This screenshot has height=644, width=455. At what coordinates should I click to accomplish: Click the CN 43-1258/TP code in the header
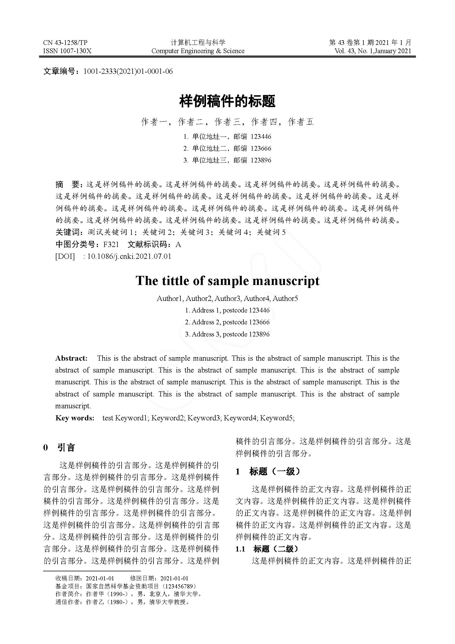tap(65, 43)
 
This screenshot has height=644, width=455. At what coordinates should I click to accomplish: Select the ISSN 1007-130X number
tap(67, 51)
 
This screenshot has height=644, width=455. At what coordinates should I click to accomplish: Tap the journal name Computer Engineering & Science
tap(198, 51)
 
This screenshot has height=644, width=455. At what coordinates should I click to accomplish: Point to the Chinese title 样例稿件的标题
tap(227, 101)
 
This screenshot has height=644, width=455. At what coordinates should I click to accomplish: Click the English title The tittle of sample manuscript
tap(227, 281)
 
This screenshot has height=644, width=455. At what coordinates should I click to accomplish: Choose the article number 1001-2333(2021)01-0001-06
tap(128, 72)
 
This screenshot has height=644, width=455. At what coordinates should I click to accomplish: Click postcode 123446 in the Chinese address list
tap(261, 137)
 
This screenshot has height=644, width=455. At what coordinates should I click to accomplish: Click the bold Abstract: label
tap(72, 358)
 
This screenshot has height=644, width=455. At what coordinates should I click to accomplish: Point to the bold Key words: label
tap(75, 418)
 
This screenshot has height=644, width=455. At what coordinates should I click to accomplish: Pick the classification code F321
tap(111, 244)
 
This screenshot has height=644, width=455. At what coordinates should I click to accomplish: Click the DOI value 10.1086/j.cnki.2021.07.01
tap(129, 256)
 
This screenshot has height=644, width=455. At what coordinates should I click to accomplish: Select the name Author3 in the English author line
tap(227, 298)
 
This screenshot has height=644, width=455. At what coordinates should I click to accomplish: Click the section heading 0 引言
tap(59, 447)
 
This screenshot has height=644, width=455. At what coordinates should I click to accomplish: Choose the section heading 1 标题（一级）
tap(268, 471)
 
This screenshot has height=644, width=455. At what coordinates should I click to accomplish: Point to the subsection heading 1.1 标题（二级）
tap(267, 549)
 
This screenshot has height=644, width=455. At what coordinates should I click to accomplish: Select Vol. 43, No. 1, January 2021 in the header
tap(373, 51)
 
